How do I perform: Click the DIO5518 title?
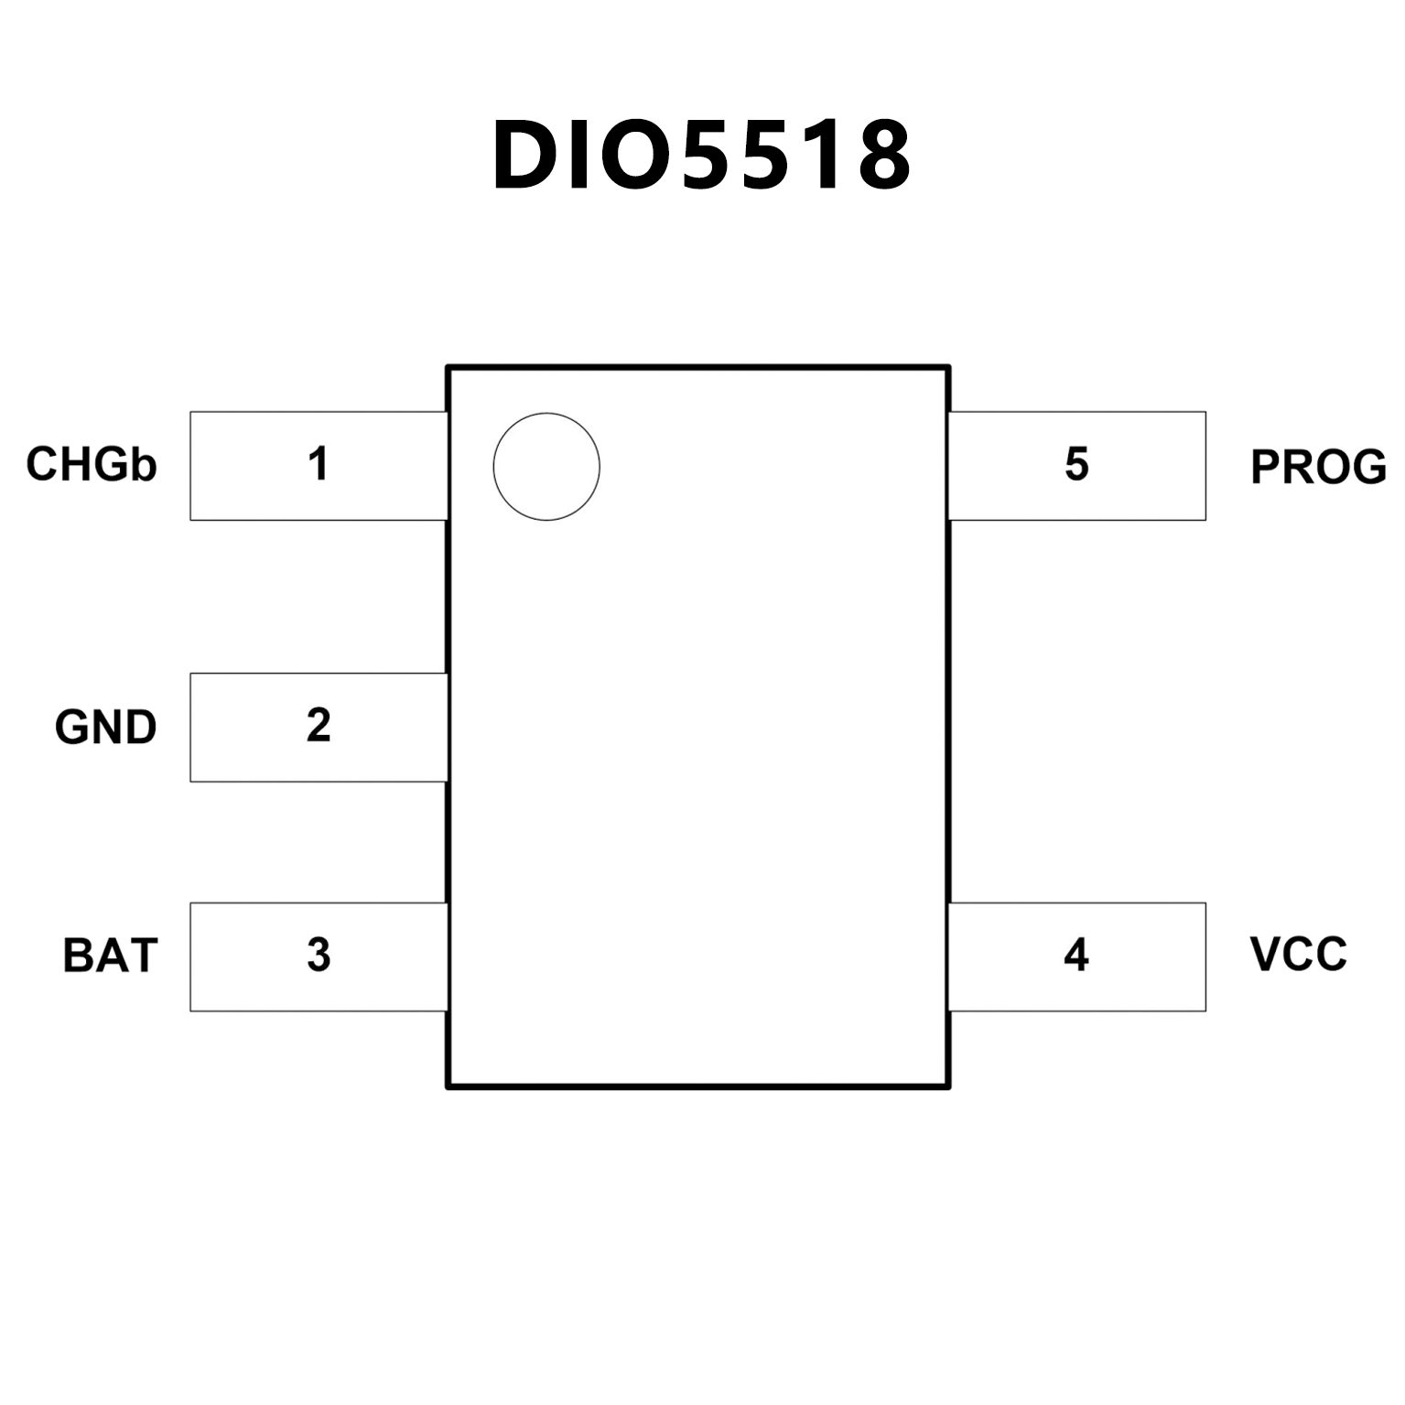pos(701,156)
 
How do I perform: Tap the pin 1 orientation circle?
pos(546,467)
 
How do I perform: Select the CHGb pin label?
pos(92,464)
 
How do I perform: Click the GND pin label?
pos(105,728)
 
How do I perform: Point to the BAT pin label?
pos(110,956)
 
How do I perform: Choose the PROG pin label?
pos(1318,467)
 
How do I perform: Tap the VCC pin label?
pos(1298,954)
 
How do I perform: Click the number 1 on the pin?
pos(318,464)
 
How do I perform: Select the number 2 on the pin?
pos(318,725)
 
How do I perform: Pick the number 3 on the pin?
pos(318,956)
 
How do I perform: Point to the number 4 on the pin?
pos(1076,956)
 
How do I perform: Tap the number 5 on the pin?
pos(1076,464)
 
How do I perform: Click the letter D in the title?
pos(528,156)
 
